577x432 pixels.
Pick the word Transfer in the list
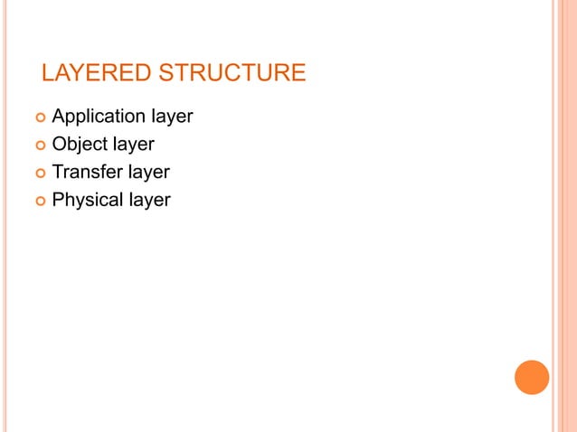click(x=86, y=172)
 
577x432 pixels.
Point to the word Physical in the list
click(x=87, y=200)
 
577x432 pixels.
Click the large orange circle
click(x=532, y=377)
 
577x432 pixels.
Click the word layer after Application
click(x=171, y=117)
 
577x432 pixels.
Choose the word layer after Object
click(x=133, y=145)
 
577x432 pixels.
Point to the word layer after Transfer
click(x=148, y=172)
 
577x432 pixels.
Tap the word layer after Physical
click(x=148, y=200)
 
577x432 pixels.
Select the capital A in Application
click(x=59, y=117)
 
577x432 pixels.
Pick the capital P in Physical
click(x=58, y=199)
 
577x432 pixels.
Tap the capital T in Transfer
click(x=58, y=172)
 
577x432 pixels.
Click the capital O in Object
click(x=59, y=144)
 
